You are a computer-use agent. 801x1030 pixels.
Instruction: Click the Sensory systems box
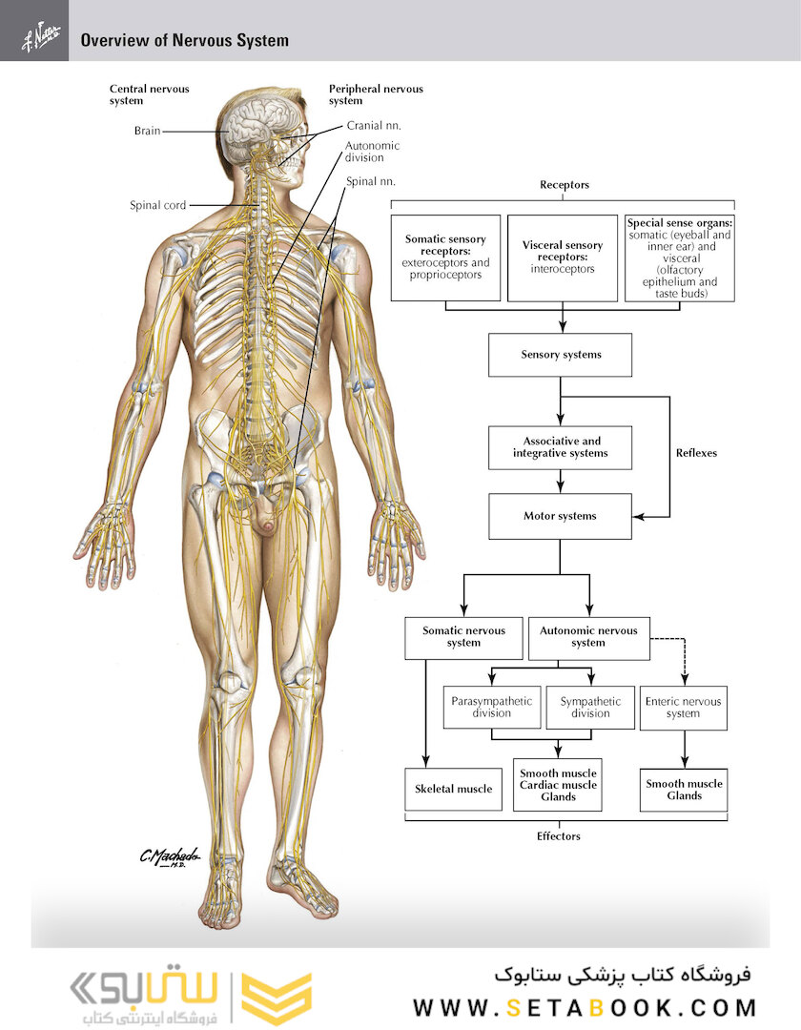point(560,355)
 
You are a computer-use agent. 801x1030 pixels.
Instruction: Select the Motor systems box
point(560,516)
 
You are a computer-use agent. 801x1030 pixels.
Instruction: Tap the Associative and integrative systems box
point(560,447)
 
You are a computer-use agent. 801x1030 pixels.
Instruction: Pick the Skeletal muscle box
point(454,789)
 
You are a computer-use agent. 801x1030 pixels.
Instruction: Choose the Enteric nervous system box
point(684,708)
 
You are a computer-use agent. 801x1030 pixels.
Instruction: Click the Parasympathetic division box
point(492,708)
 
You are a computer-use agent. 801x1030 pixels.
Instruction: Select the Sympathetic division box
point(590,708)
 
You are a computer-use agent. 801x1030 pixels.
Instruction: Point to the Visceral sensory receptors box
point(563,257)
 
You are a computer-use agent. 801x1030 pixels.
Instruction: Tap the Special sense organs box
point(680,258)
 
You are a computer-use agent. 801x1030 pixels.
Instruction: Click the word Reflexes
point(697,453)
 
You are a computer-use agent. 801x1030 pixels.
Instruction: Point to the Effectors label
point(559,836)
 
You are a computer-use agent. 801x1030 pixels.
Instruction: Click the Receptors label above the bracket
point(565,185)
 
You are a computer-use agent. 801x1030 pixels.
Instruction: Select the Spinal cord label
point(157,205)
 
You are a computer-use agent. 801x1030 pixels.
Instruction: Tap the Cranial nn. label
point(374,126)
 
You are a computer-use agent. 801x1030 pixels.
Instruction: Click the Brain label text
point(147,131)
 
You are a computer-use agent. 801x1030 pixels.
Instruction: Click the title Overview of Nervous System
point(184,40)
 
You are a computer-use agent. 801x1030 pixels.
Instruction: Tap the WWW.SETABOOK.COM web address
point(585,1007)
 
